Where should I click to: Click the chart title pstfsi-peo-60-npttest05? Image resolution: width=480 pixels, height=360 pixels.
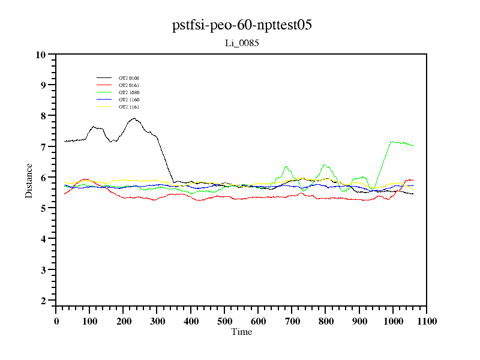[x=242, y=25]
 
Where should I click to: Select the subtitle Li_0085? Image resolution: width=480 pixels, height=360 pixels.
[x=241, y=43]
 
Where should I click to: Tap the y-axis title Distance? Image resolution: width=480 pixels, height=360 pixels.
[x=29, y=181]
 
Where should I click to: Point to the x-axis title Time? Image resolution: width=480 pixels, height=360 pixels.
[x=242, y=332]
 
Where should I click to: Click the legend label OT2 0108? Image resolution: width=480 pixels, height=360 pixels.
[x=129, y=78]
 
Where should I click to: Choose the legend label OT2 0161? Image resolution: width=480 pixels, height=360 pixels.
[x=129, y=85]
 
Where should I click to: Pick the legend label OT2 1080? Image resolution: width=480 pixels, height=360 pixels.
[x=129, y=92]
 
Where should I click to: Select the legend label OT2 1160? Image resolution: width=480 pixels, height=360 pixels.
[x=129, y=100]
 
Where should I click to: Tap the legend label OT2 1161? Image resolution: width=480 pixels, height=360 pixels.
[x=129, y=107]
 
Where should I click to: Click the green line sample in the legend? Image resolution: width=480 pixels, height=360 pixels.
[x=104, y=92]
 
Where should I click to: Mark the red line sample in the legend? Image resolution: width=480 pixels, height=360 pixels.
[x=104, y=85]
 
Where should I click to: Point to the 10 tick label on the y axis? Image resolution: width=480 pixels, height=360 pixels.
[x=41, y=55]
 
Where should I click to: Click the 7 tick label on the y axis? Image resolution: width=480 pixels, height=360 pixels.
[x=43, y=147]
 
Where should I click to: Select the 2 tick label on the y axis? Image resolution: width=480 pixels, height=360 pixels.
[x=43, y=301]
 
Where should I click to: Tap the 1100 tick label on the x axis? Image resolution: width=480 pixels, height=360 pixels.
[x=427, y=321]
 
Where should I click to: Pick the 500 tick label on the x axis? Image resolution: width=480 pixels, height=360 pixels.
[x=224, y=321]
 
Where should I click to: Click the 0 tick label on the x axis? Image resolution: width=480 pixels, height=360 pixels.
[x=56, y=321]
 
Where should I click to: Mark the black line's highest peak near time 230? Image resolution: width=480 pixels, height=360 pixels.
[x=135, y=119]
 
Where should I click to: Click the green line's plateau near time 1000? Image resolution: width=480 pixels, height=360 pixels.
[x=394, y=142]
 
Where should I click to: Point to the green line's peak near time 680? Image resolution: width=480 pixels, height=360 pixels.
[x=286, y=166]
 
